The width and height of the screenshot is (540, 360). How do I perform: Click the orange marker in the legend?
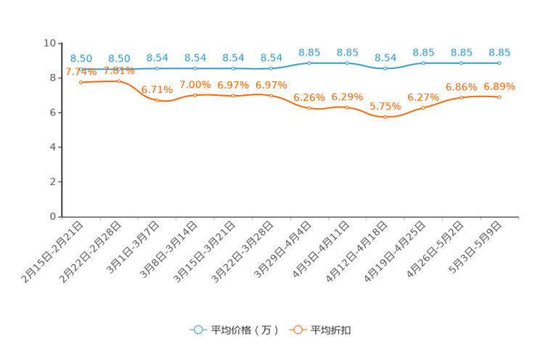[x=297, y=330]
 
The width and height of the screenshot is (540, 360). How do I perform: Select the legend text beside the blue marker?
[x=244, y=330]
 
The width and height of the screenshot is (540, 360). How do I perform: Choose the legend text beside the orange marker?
[x=332, y=330]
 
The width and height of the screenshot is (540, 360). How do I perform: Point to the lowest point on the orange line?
[x=385, y=117]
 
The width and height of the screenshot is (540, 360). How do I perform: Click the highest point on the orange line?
[x=119, y=81]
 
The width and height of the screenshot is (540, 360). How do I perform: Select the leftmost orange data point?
[x=81, y=82]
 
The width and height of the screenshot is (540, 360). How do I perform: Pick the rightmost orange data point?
[x=499, y=97]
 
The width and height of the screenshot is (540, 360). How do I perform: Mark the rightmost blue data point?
[x=499, y=63]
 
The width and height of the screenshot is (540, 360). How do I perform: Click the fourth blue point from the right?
[x=385, y=68]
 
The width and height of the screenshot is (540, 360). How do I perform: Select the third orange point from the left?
[x=157, y=100]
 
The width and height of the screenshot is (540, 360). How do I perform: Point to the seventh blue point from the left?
[x=310, y=63]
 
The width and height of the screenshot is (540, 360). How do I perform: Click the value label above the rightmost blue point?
[x=499, y=52]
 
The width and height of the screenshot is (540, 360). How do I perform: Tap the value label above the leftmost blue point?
[x=81, y=58]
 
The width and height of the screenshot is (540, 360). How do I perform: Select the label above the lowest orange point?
[x=385, y=107]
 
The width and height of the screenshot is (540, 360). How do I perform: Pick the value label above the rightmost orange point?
[x=499, y=86]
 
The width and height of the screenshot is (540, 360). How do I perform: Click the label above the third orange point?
[x=157, y=89]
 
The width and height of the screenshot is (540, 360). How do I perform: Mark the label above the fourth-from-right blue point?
[x=385, y=57]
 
